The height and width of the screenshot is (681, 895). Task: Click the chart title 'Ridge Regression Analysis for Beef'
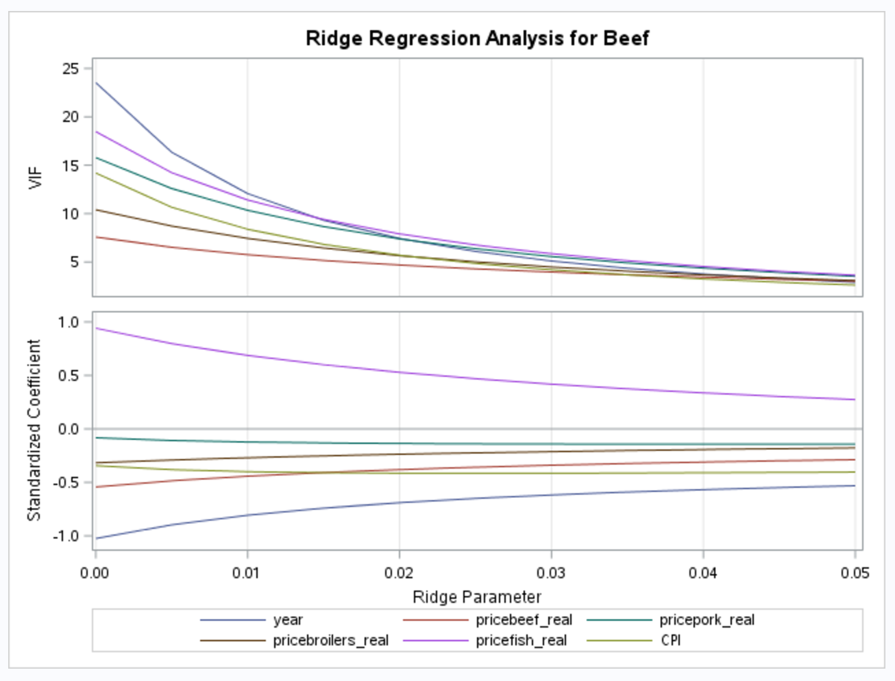point(477,38)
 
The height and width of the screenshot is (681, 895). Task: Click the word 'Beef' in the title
point(626,38)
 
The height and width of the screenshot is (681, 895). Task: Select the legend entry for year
point(288,620)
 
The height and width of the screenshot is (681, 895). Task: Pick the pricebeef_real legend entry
point(524,620)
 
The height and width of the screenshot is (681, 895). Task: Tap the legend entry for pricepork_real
point(707,620)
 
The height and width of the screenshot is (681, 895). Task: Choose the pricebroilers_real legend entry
point(330,641)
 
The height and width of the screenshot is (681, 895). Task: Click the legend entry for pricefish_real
point(521,641)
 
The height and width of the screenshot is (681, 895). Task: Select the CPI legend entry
point(670,641)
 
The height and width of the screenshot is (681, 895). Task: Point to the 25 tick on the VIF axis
point(71,69)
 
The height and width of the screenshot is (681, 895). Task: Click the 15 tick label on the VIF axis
point(71,165)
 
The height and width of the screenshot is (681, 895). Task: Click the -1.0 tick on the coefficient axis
point(67,536)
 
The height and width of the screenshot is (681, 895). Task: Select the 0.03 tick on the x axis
point(550,573)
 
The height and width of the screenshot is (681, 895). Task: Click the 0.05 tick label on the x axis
point(854,573)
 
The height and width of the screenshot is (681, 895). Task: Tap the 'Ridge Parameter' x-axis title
point(477,597)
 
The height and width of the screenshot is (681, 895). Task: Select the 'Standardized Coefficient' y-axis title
point(34,430)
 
